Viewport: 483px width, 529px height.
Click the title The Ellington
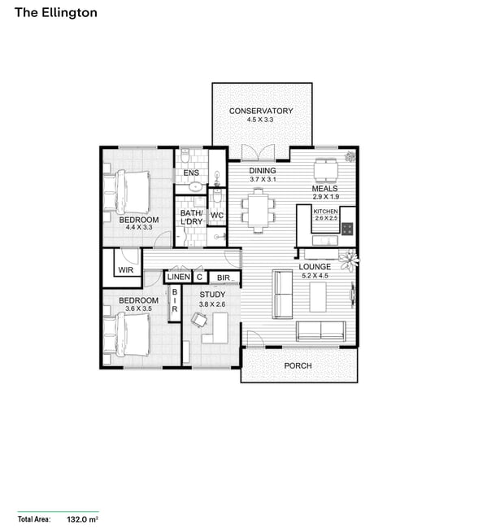coord(56,13)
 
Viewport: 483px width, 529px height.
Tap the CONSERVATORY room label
coord(261,111)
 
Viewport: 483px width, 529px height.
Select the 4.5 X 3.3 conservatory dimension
coord(260,120)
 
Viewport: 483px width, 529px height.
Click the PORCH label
coord(298,365)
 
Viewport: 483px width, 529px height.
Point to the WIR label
coord(126,270)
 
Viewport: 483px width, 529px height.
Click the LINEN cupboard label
coord(179,277)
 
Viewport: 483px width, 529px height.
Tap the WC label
coord(217,215)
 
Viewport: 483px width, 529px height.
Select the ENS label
coord(191,173)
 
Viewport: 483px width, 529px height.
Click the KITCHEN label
coord(325,212)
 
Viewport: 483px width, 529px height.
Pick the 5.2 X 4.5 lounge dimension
coord(315,275)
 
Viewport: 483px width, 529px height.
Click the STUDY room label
coord(212,295)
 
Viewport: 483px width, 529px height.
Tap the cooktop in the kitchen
coord(347,229)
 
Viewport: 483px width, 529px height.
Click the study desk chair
coord(198,319)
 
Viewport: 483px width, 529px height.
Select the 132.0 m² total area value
coord(82,519)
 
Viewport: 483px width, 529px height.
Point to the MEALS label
coord(324,189)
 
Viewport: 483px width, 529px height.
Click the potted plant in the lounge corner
coord(349,260)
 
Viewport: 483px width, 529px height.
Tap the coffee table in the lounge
coord(318,297)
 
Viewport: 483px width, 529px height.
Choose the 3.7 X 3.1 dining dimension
coord(263,179)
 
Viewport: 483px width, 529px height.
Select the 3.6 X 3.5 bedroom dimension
coord(138,308)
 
